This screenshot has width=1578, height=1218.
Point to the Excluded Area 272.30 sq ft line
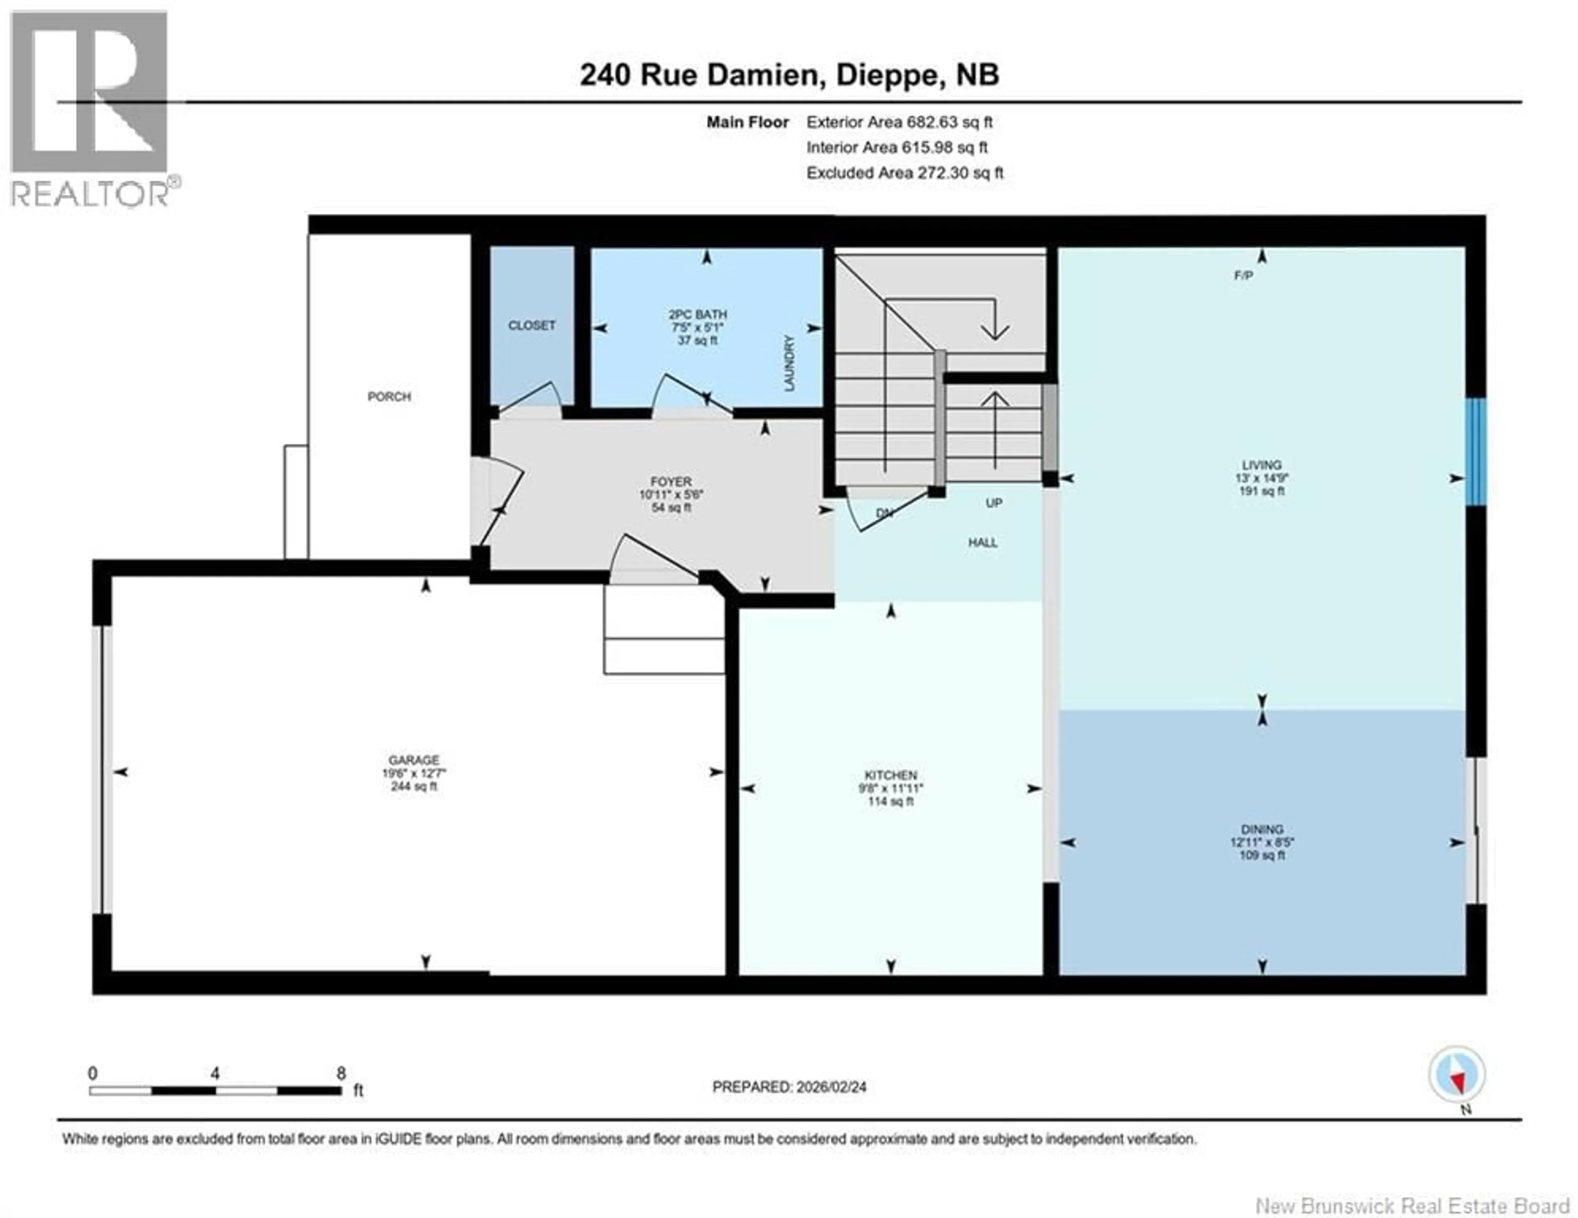tap(904, 173)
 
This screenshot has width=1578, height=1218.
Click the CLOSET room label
tap(532, 326)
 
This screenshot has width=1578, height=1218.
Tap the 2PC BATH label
tap(697, 315)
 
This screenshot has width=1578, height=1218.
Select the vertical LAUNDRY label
tap(789, 363)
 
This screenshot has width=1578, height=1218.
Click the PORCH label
tap(389, 397)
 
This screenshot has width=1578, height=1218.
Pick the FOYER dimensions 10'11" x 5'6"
tap(671, 495)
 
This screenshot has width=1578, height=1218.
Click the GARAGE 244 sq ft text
tap(413, 786)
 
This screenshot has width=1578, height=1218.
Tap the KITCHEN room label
tap(891, 775)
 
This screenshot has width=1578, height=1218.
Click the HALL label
tap(983, 542)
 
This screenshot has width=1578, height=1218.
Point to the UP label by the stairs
tap(994, 503)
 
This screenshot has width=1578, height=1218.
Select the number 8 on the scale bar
tap(341, 1073)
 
